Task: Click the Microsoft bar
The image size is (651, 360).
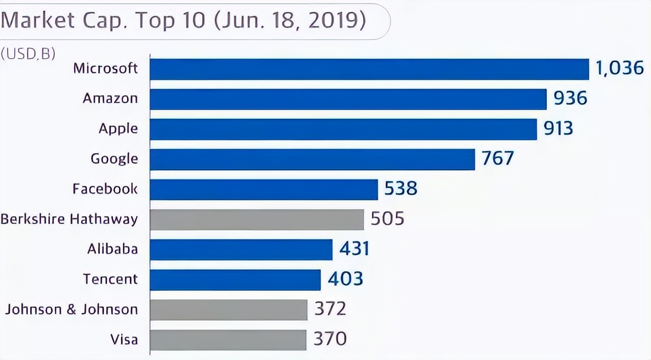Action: click(x=369, y=69)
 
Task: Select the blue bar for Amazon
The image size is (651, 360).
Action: click(x=348, y=99)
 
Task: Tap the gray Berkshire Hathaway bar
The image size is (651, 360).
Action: click(x=257, y=219)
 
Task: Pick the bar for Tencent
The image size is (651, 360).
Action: click(x=235, y=280)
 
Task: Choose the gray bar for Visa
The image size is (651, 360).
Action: click(x=228, y=340)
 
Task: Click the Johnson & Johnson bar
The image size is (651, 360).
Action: click(x=228, y=310)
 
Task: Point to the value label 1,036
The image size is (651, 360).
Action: click(x=619, y=68)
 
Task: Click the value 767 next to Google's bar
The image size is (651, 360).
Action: click(x=497, y=159)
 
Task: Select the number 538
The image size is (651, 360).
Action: click(x=401, y=189)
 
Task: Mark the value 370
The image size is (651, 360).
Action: click(x=330, y=339)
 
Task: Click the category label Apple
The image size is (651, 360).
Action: click(x=118, y=129)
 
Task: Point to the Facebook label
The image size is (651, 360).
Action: click(x=105, y=189)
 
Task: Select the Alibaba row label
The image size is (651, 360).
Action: click(x=112, y=249)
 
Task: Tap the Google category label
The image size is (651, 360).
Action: click(x=114, y=159)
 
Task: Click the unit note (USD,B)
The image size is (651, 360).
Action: click(x=28, y=54)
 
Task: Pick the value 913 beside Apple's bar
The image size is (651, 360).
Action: click(x=558, y=129)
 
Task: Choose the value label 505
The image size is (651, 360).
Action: click(x=387, y=219)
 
